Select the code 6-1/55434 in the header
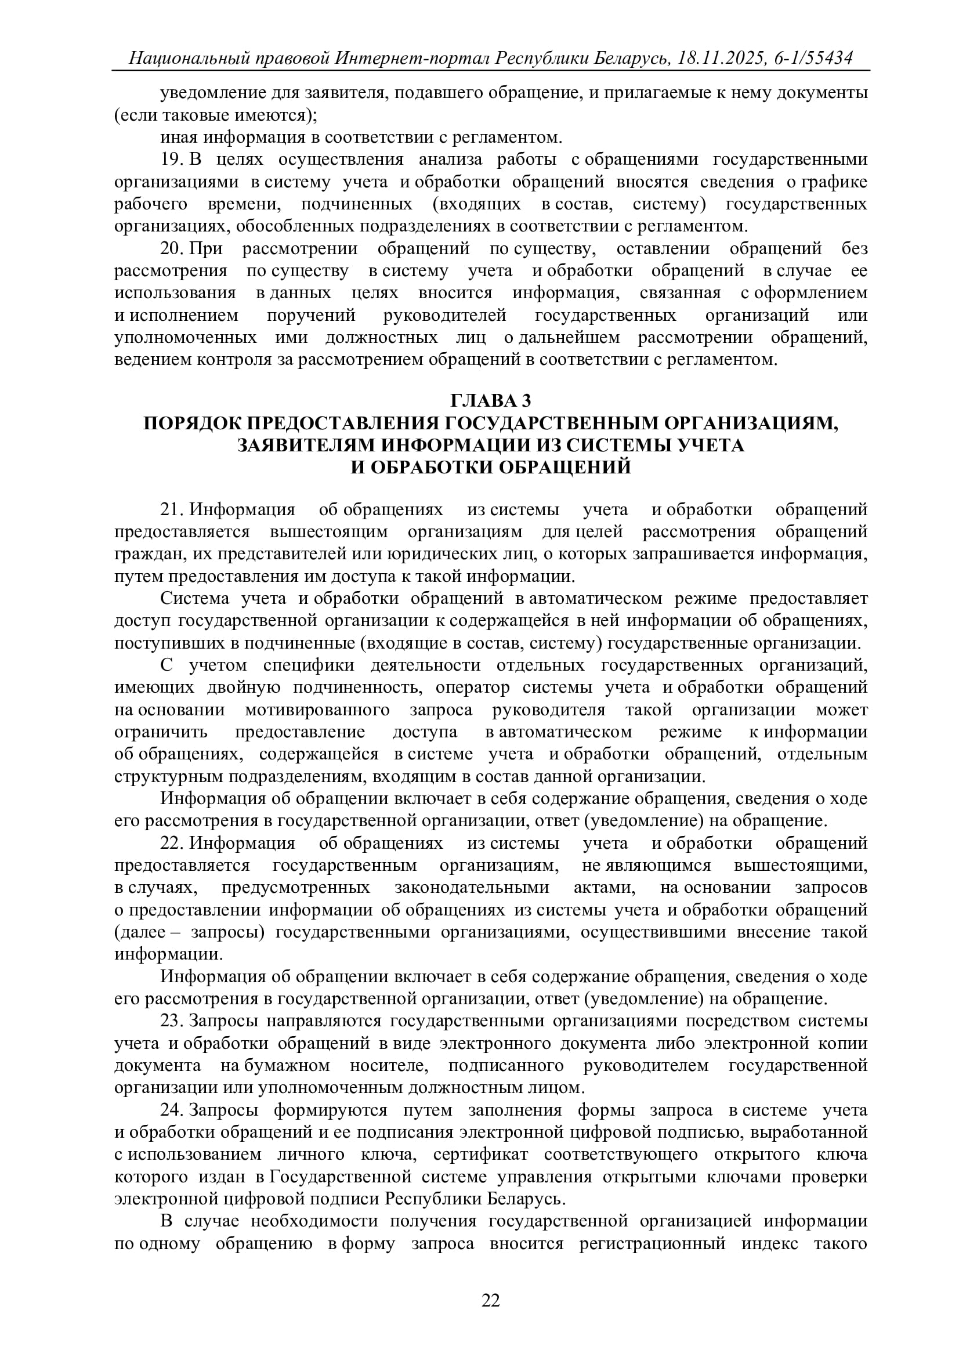click(815, 58)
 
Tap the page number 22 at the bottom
click(491, 1300)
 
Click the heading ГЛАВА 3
click(491, 401)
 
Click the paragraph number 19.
click(170, 160)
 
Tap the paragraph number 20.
click(170, 248)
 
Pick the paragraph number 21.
click(170, 509)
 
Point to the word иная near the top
click(180, 137)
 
